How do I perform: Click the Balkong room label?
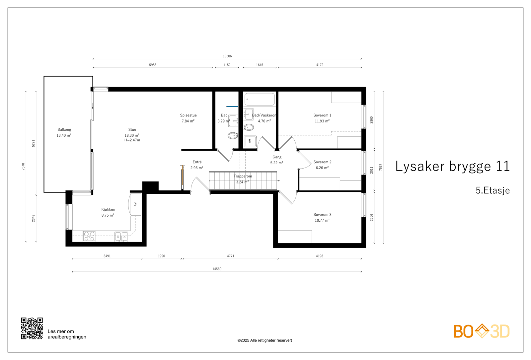64,129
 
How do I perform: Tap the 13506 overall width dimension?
227,56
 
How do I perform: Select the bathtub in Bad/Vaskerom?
260,99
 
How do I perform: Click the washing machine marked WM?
250,141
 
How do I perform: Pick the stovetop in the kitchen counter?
89,236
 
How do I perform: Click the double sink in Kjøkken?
121,236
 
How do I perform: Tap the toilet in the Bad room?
233,136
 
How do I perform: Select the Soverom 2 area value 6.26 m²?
322,168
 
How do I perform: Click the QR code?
32,328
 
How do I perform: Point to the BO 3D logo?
482,331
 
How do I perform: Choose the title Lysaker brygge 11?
452,166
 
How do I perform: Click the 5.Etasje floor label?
493,190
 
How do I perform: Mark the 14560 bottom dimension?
217,269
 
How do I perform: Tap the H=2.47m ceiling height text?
132,140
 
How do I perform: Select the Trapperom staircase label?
243,176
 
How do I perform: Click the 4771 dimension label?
230,256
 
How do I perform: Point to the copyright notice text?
265,340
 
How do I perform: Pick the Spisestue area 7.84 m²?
188,121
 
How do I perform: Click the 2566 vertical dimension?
371,218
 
